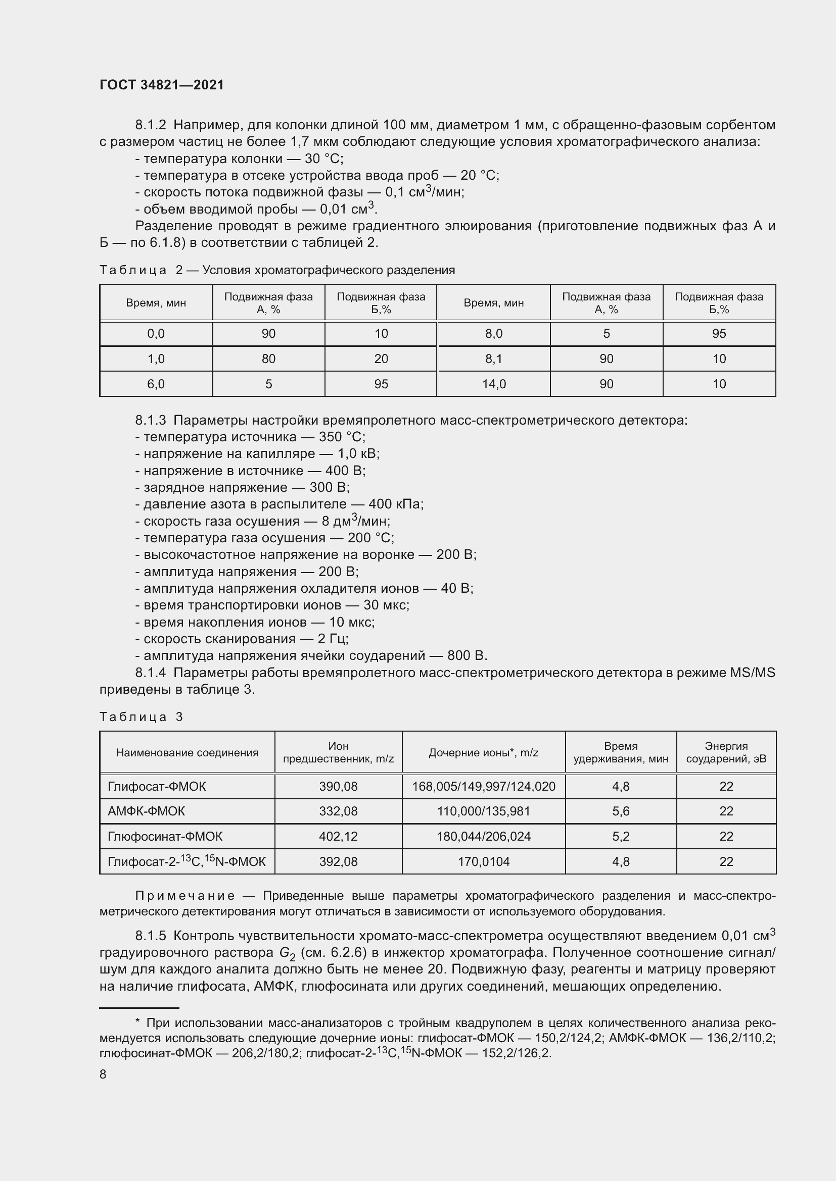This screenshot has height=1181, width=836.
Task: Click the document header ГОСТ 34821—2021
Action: [x=162, y=85]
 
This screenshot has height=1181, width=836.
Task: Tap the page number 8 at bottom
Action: [x=103, y=1074]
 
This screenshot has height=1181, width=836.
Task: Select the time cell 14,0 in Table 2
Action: [x=493, y=384]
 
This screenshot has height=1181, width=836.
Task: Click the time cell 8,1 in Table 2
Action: [x=493, y=358]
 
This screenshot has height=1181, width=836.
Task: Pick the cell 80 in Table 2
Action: [x=268, y=358]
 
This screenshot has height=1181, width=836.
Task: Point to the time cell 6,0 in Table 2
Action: [x=156, y=384]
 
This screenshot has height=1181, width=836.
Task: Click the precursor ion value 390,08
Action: [x=338, y=786]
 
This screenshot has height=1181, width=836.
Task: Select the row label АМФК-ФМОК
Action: [x=146, y=811]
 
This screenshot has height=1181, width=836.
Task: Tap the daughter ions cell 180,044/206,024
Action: [x=483, y=836]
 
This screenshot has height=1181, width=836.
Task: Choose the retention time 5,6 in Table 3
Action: [x=621, y=811]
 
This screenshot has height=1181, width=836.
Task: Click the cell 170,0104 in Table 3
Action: [x=483, y=861]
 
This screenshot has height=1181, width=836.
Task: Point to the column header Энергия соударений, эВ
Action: [x=726, y=752]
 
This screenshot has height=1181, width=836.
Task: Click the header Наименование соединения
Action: [x=187, y=752]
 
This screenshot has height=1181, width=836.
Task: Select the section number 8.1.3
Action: [x=150, y=420]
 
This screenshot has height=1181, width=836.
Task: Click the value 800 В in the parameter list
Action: [x=467, y=655]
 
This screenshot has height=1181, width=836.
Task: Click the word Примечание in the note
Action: [x=185, y=896]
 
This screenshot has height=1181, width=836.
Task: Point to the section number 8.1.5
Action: [x=150, y=935]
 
